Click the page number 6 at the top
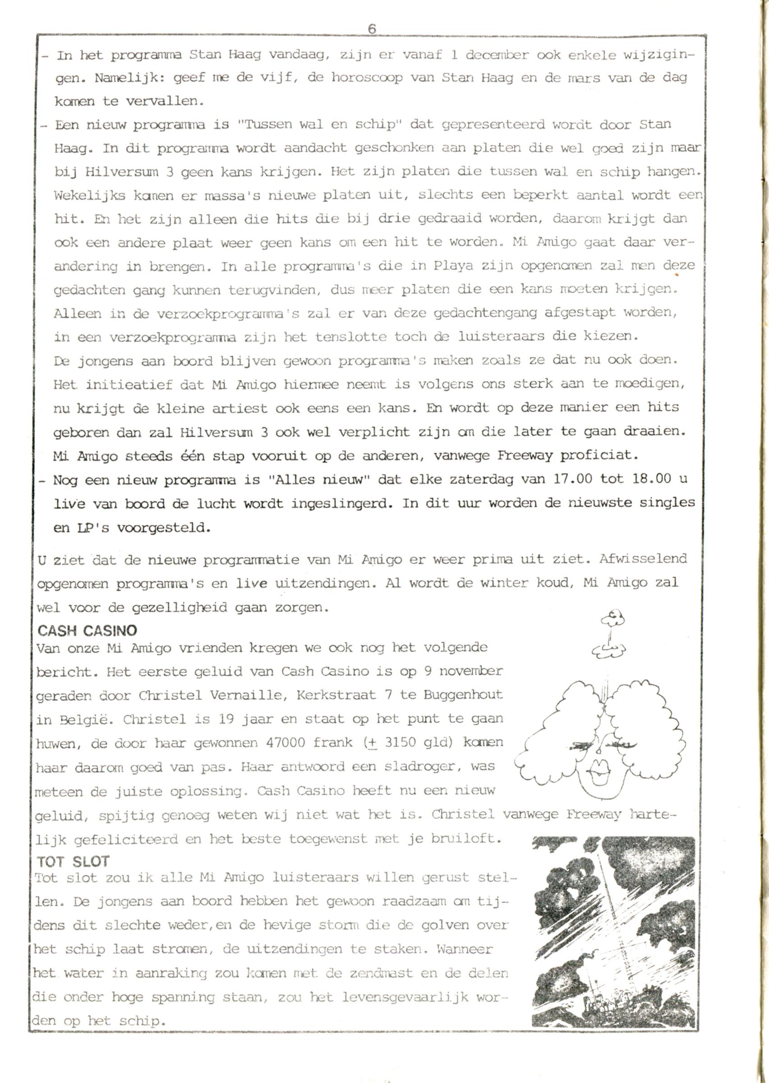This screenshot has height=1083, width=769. click(372, 29)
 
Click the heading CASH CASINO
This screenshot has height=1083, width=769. click(87, 630)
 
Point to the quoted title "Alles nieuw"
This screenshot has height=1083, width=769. click(319, 479)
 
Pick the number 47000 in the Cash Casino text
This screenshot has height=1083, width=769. click(286, 742)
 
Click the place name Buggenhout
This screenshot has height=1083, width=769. click(463, 695)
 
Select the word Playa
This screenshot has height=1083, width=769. click(453, 266)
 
